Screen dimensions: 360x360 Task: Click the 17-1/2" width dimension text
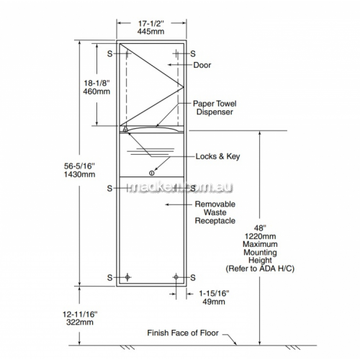151,24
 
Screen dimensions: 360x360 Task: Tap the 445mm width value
151,32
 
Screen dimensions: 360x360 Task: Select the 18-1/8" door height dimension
96,83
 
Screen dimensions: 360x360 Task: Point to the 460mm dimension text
96,91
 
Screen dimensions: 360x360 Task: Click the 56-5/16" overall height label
79,166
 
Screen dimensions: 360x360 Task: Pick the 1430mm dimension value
79,174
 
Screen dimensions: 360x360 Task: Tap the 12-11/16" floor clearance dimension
80,314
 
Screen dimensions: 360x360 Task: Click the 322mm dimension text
80,322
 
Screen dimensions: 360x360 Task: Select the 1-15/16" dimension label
214,293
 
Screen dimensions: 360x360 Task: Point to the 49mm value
214,302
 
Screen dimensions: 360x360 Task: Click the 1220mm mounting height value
260,236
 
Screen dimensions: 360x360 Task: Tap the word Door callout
202,65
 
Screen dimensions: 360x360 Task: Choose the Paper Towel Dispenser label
215,108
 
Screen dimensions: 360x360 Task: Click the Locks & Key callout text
217,156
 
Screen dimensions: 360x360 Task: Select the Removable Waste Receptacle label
215,212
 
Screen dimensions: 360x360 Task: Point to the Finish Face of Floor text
183,333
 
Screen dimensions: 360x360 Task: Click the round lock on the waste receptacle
152,173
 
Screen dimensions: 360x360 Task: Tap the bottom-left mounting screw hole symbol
127,277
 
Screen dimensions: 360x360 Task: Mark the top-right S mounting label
193,54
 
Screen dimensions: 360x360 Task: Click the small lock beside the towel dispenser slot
125,130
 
